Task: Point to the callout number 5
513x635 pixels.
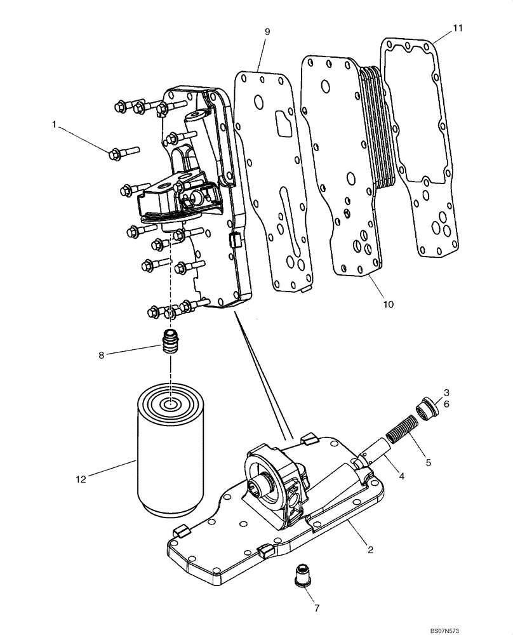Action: click(x=428, y=463)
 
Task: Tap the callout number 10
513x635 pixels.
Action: click(x=388, y=304)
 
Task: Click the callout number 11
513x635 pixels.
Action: click(x=458, y=28)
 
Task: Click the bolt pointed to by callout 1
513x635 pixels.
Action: click(x=124, y=152)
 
